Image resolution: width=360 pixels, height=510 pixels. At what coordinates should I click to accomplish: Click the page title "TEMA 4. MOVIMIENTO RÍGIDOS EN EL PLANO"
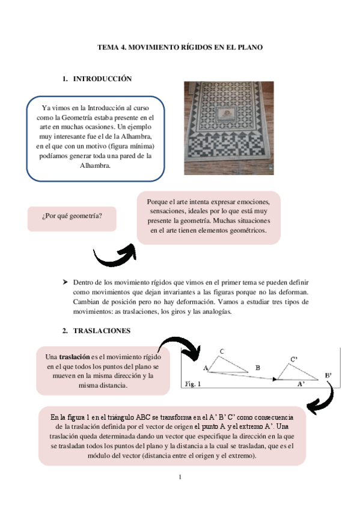(180, 46)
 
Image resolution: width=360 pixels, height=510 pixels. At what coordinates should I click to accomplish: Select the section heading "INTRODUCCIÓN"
(102, 79)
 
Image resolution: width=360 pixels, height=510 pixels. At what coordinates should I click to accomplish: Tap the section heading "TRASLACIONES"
(100, 331)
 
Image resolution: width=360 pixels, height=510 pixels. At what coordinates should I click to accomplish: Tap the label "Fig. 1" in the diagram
(193, 382)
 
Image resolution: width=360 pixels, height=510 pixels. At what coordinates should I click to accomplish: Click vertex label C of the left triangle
(222, 351)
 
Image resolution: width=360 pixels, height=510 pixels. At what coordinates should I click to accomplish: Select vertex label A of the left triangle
(205, 367)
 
